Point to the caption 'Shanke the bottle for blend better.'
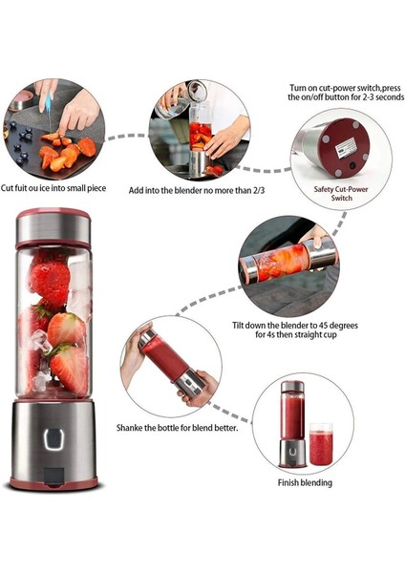coord(178,427)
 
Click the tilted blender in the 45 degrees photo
coord(286,262)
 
